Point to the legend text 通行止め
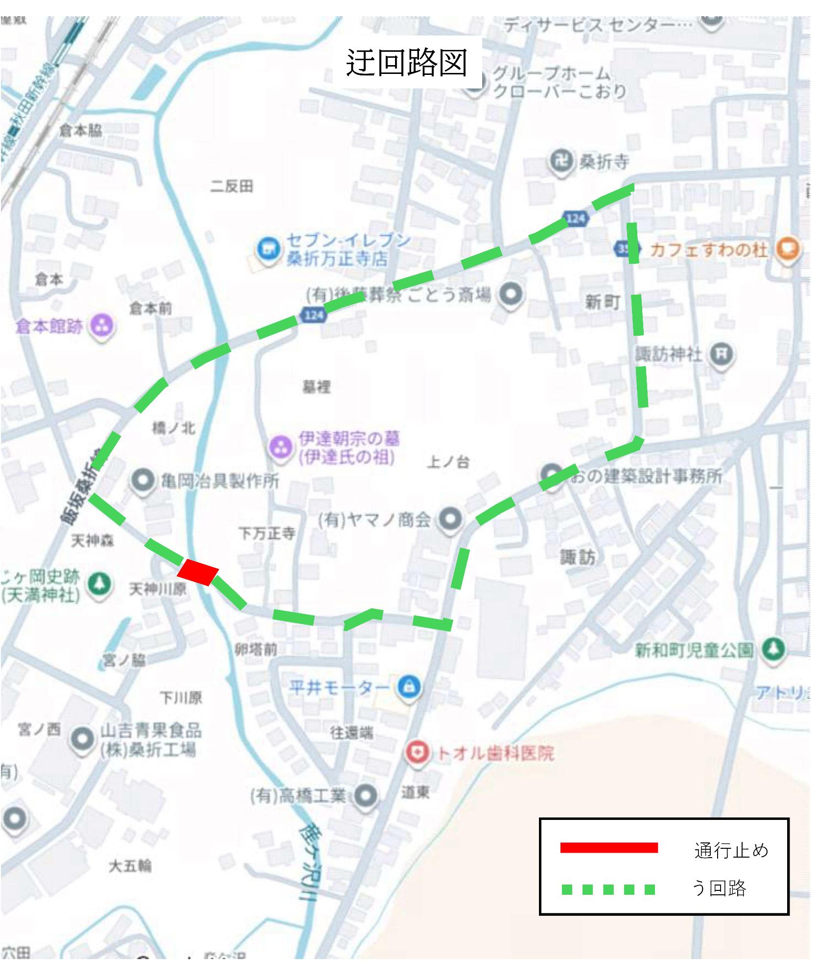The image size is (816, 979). coord(731,850)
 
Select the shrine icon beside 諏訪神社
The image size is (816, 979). coord(722,353)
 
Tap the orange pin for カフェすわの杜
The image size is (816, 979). coord(788,250)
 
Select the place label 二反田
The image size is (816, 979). coord(232,186)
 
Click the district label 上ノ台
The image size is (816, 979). coord(448,462)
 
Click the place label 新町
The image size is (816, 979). coord(603,302)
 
